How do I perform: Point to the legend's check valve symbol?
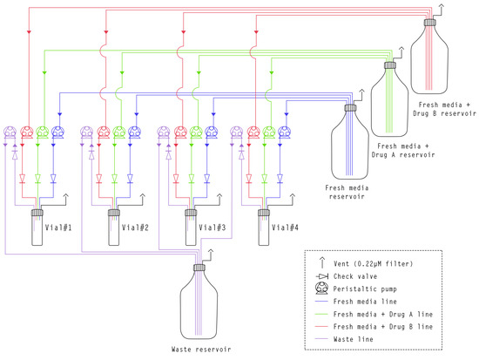coord(323,275)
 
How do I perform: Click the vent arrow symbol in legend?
coord(323,262)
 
